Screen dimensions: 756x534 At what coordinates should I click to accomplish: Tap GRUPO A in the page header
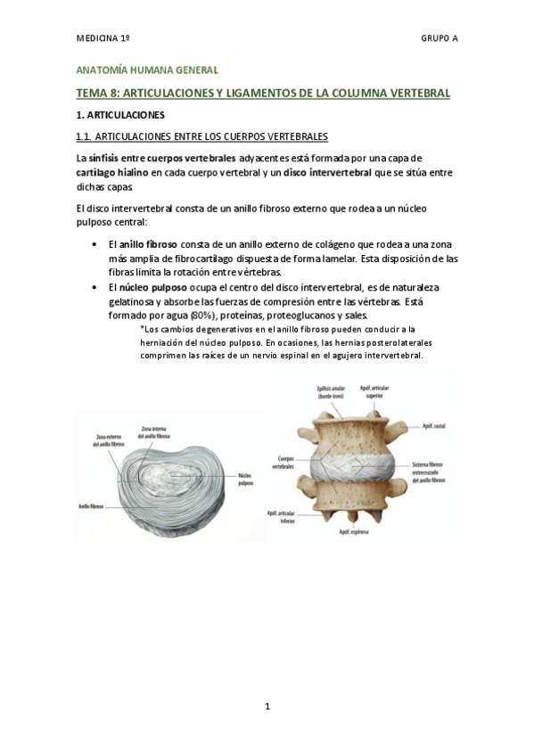439,39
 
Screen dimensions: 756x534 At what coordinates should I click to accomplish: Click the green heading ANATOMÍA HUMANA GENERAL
145,70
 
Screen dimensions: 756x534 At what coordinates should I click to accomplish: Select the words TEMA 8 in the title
96,92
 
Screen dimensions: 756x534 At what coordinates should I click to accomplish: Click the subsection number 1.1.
85,136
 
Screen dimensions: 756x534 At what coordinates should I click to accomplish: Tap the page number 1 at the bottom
267,707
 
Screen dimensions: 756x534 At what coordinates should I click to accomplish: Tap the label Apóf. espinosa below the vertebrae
349,532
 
